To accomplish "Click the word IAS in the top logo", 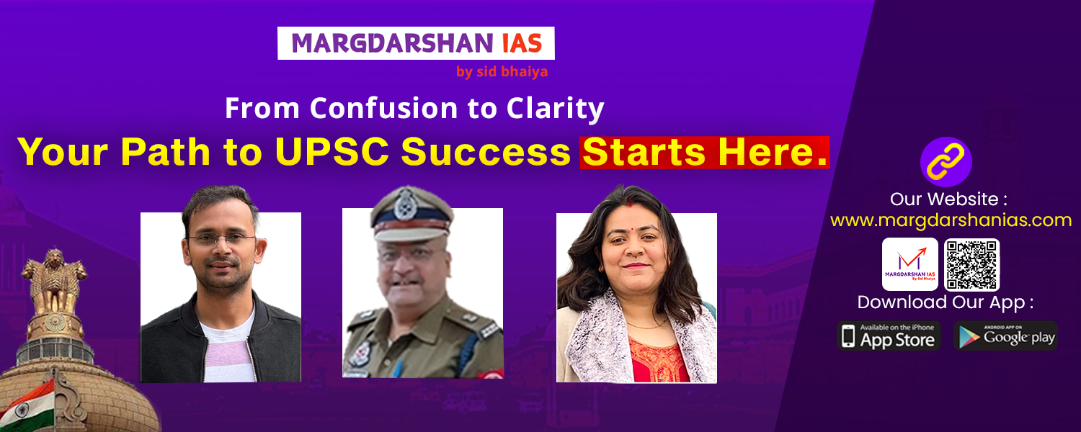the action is [522, 43].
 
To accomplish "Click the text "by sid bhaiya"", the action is [502, 72].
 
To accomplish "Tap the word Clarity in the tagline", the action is [555, 108].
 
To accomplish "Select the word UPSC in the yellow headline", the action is [332, 152].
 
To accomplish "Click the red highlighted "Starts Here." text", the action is [705, 153].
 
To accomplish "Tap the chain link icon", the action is [946, 162].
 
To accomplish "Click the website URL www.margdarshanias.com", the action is [951, 220].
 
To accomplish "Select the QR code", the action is [971, 265].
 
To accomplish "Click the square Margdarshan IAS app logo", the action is [909, 264].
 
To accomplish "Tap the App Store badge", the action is [889, 336].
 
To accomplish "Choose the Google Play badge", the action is [1006, 336].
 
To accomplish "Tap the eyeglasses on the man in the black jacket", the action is [221, 238].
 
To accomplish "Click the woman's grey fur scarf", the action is [637, 338].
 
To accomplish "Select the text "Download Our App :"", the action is [946, 302].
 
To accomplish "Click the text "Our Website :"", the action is [948, 199].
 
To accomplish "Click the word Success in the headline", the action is [486, 152].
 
